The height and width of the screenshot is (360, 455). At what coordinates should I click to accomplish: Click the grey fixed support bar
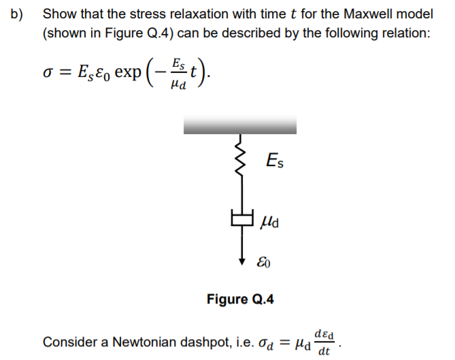pos(239,125)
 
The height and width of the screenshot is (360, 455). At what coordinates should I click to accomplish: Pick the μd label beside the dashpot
pos(270,222)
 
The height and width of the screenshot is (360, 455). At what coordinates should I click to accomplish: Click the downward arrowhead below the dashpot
pos(239,259)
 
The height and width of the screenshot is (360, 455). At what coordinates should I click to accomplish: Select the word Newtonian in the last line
pos(139,342)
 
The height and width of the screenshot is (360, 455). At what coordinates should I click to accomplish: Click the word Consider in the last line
pos(66,342)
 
